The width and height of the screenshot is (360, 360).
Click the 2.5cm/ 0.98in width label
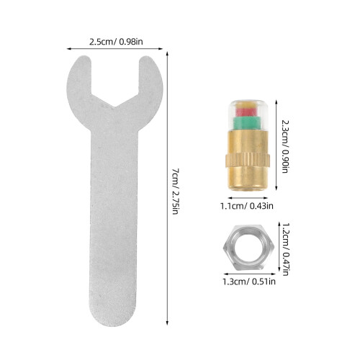point(116,42)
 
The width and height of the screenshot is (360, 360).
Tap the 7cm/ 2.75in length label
point(176,192)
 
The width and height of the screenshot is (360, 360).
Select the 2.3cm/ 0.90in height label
point(285,146)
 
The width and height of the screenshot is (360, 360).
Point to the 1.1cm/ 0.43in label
point(247,206)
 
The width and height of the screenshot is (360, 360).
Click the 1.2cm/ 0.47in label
point(285,249)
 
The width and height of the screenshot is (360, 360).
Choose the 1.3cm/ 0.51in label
point(249,282)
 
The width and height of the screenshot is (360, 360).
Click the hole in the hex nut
point(248,247)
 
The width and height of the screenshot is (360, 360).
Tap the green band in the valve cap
point(246,122)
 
